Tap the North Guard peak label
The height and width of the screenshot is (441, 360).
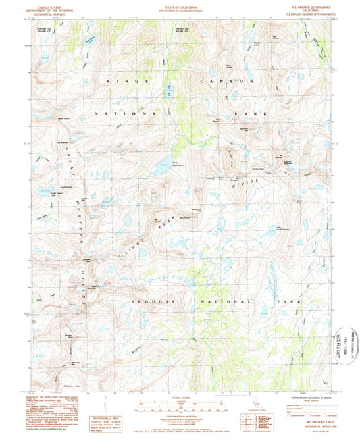pyautogui.click(x=65, y=119)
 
